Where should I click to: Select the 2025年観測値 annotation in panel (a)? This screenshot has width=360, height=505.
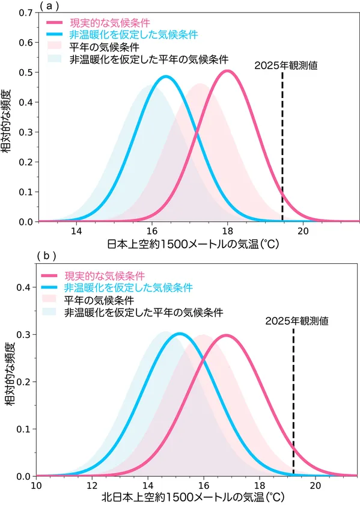282,66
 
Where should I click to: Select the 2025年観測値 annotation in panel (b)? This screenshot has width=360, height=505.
293,320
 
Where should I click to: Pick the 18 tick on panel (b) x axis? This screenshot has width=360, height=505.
260,486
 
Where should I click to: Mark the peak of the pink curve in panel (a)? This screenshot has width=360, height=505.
227,71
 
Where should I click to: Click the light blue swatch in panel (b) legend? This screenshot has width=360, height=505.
53,312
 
